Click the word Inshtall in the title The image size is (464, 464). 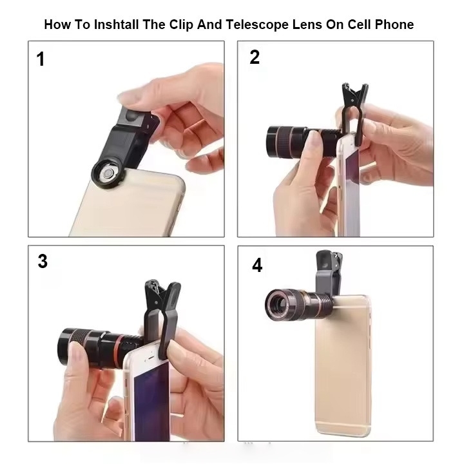pos(116,24)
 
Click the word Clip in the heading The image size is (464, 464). pos(181,25)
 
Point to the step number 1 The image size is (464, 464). pos(41,59)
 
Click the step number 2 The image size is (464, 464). pos(255,57)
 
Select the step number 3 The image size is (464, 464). pos(43,261)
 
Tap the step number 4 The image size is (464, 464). pos(257,265)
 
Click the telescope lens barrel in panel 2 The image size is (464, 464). pos(302,141)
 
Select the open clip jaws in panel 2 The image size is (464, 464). pos(354,95)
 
